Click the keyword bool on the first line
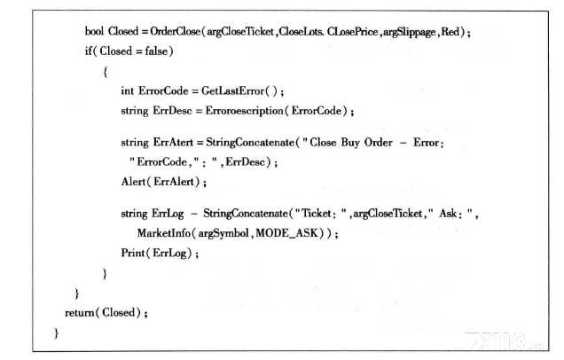click(x=94, y=31)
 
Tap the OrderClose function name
click(x=176, y=31)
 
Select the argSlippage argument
click(x=410, y=32)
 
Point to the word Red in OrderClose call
click(x=450, y=32)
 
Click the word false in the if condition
click(x=156, y=51)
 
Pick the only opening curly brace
click(x=105, y=72)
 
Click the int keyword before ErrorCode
click(x=128, y=90)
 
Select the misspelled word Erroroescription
click(x=244, y=111)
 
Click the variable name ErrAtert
click(x=173, y=143)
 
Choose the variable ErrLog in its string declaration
click(x=168, y=214)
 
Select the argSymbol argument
click(x=223, y=233)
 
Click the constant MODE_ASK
click(x=287, y=233)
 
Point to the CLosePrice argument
click(x=352, y=32)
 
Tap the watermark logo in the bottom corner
click(x=504, y=341)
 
